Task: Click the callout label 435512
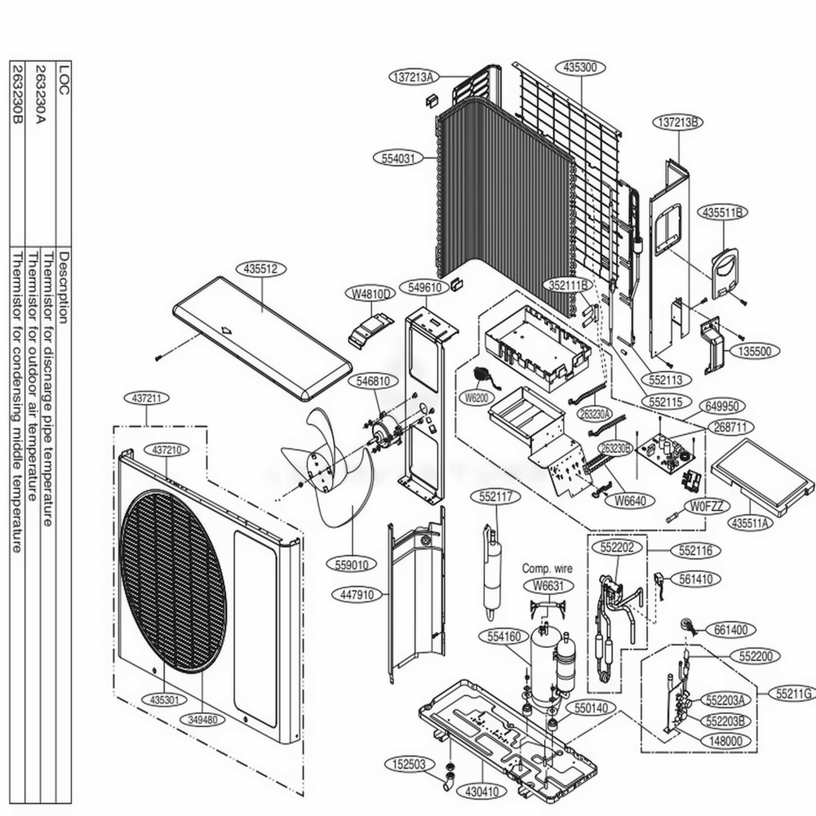[x=260, y=268]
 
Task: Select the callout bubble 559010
[x=352, y=564]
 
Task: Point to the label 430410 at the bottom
[x=483, y=791]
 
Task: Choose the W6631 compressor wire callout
[x=548, y=584]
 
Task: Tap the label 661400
[x=730, y=629]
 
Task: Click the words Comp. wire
[x=547, y=569]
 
